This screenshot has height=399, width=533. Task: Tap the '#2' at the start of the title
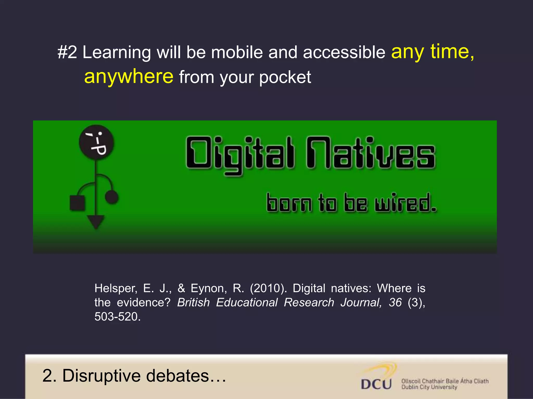coord(67,52)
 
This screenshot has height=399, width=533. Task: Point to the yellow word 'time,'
coord(452,52)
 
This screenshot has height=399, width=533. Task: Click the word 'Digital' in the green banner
coord(240,155)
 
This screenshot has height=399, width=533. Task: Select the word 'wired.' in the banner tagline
coord(405,203)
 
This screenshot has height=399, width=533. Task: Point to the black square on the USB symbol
coord(77,203)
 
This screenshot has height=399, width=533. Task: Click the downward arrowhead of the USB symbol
coord(96,222)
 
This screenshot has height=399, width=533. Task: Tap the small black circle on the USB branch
coord(112,197)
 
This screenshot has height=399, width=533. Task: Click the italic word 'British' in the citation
coord(193,303)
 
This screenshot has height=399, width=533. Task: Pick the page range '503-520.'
coord(117,317)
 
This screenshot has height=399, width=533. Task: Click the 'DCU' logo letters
coord(376,384)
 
